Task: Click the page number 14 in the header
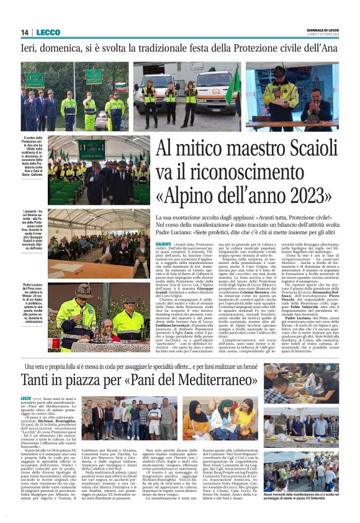point(25,32)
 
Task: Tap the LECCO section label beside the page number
point(48,32)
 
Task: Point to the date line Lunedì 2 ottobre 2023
point(325,35)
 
